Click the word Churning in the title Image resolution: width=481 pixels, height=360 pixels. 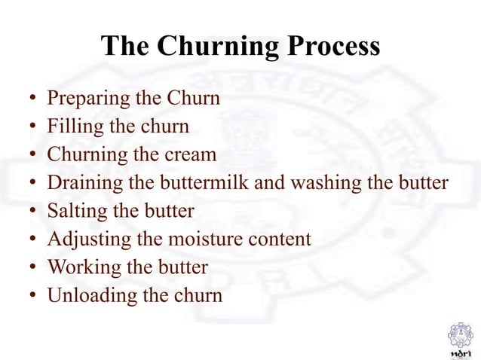[x=218, y=47]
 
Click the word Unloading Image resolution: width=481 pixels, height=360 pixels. [x=87, y=295]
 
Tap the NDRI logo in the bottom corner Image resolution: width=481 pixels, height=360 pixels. [x=459, y=338]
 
